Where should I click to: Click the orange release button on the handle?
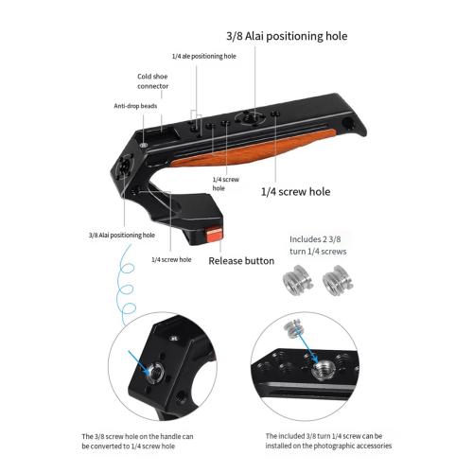[x=214, y=236]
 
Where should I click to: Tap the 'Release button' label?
[x=241, y=261]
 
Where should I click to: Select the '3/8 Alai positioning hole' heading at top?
[x=287, y=36]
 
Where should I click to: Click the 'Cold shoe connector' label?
[x=152, y=81]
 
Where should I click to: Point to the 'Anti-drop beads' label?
[x=135, y=106]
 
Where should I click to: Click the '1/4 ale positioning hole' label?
[x=203, y=56]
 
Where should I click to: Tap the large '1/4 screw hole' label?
[x=295, y=192]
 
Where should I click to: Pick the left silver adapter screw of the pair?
[x=297, y=279]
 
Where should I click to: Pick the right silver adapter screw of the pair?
[x=338, y=280]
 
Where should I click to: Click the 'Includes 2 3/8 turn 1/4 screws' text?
[x=318, y=245]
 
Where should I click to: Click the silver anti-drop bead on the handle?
[x=144, y=145]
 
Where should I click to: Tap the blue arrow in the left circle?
[x=139, y=362]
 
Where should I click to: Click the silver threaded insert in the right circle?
[x=324, y=370]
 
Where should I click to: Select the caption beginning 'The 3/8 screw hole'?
[x=137, y=442]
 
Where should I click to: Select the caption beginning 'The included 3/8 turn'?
[x=328, y=441]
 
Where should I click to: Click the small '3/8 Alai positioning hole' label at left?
[x=122, y=236]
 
